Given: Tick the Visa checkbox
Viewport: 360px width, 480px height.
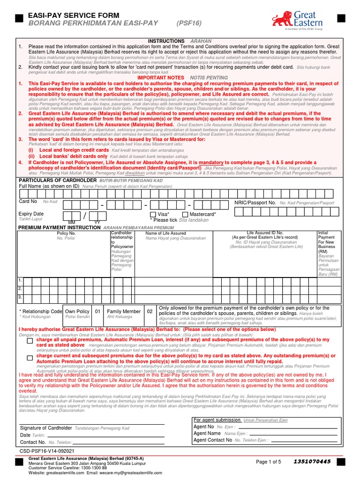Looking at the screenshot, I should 153,214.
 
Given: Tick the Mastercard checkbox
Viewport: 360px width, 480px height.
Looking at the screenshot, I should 185,214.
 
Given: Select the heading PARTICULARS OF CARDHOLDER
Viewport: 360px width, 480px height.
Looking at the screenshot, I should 51,180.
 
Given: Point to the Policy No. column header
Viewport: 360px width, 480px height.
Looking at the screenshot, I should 66,233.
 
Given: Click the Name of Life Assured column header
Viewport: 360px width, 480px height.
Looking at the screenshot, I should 165,233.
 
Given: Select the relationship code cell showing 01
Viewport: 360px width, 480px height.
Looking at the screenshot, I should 97,311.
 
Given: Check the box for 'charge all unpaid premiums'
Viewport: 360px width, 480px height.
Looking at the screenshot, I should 30,342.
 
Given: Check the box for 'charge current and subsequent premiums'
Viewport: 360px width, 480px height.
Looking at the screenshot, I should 30,358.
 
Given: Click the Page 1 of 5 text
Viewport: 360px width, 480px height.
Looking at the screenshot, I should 268,462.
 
